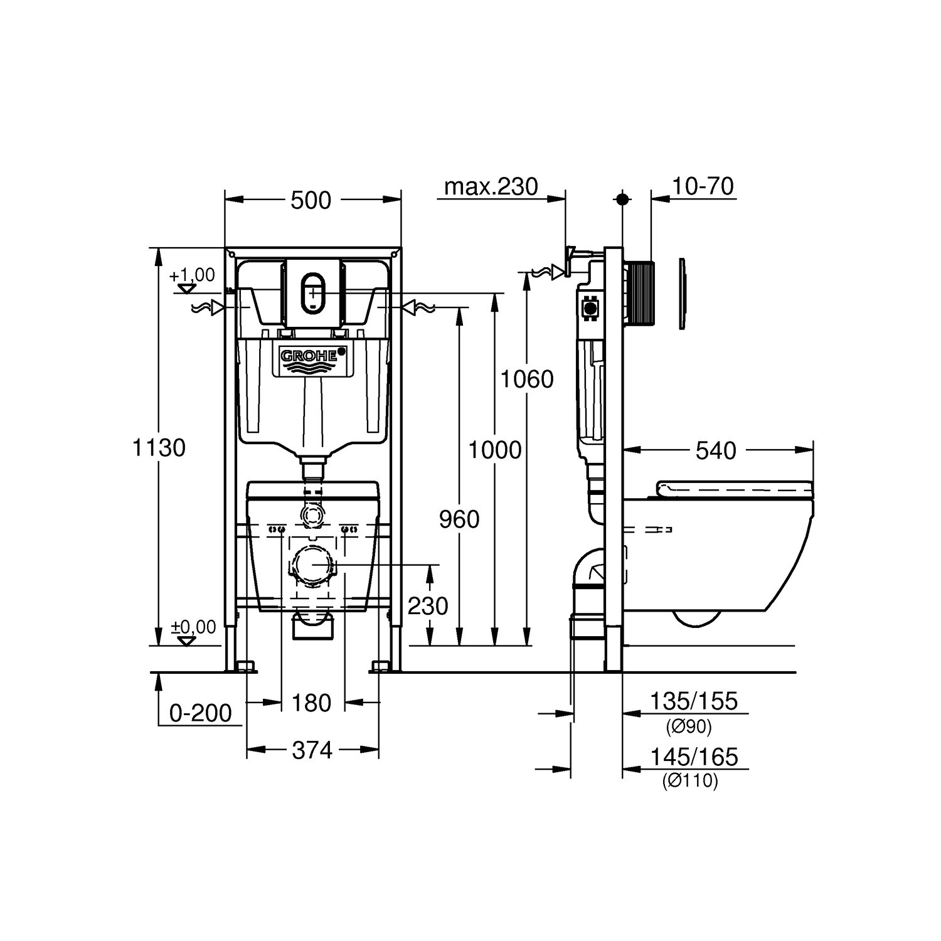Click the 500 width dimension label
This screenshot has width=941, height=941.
(x=311, y=201)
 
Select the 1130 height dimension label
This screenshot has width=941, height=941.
(x=159, y=448)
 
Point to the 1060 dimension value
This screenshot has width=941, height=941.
(x=526, y=379)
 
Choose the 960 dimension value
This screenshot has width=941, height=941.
(x=459, y=519)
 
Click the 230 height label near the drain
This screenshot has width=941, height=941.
(x=428, y=606)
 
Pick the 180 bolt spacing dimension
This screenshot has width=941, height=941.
(x=312, y=703)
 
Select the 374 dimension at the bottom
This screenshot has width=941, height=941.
(x=312, y=750)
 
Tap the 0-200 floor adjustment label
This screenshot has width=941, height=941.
(x=200, y=713)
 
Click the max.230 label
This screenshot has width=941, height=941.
(x=491, y=186)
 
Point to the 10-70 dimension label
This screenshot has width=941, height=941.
(x=702, y=186)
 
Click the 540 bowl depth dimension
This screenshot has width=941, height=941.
(x=716, y=450)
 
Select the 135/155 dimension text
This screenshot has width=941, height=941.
(x=693, y=701)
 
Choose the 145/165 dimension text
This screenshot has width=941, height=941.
(x=693, y=757)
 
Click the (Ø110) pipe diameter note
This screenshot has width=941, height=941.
(x=689, y=781)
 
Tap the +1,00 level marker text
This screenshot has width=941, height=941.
(x=192, y=275)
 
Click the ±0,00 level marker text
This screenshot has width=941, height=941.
(x=194, y=627)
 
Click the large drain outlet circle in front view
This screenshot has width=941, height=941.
(x=312, y=565)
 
